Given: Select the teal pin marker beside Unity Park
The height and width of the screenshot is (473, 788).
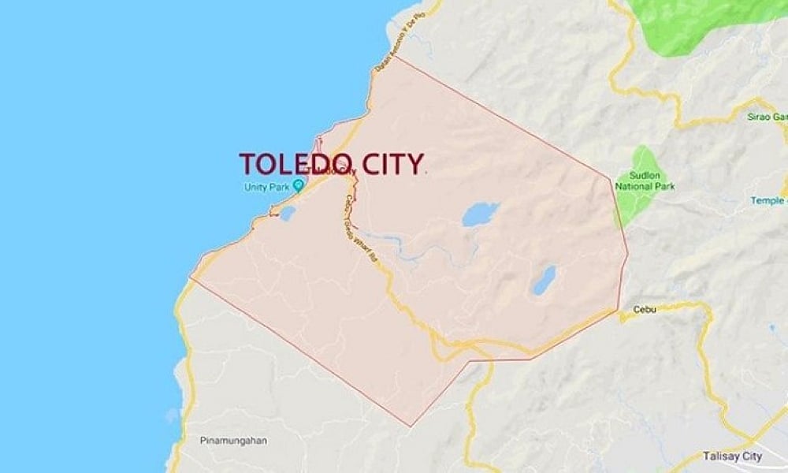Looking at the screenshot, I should click(298, 186).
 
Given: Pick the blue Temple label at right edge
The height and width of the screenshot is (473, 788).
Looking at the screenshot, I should click(768, 201).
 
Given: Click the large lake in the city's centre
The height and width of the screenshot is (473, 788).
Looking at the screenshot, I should click(480, 214).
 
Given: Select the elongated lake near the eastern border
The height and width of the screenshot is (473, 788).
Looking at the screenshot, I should click(544, 280).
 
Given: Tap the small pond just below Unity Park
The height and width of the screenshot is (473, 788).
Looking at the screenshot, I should click(288, 213).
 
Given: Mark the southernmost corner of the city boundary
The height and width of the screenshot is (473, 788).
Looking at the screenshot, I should click(410, 426).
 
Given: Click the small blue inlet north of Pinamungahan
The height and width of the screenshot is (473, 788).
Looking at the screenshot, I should click(173, 413).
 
